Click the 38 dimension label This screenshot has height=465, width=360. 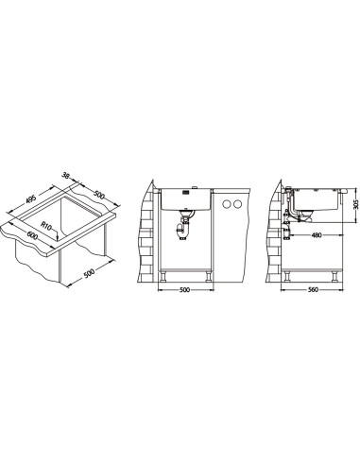[65, 175]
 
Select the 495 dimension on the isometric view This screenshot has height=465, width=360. [31, 199]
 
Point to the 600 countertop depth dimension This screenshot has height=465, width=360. [32, 235]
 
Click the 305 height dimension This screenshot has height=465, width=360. [356, 205]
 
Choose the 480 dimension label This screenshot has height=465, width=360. [317, 235]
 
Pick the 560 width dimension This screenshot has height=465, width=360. [312, 290]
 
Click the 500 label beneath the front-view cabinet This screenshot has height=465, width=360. [185, 290]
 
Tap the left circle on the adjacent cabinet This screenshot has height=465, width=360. [226, 204]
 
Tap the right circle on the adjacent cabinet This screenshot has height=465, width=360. [237, 204]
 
